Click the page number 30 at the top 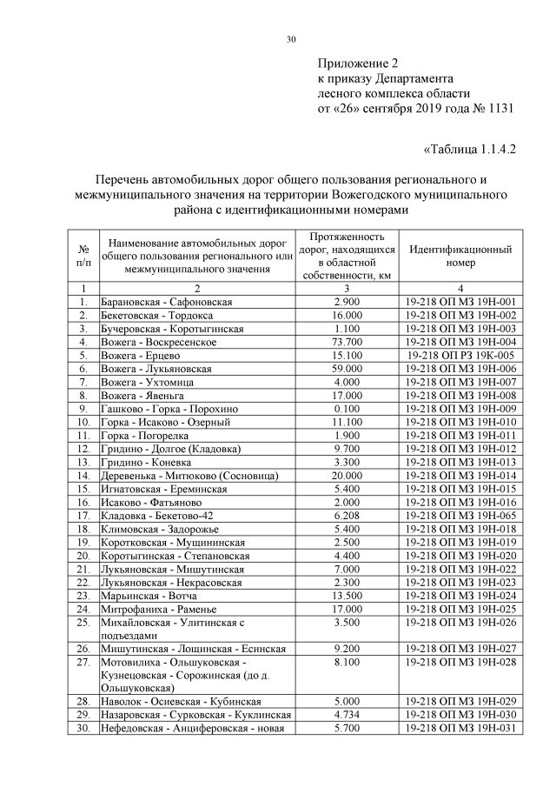click(291, 39)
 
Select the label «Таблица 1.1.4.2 click(469, 149)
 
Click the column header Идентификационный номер click(460, 256)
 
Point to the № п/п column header click(83, 256)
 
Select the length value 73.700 click(347, 343)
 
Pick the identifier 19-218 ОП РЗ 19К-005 click(460, 357)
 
